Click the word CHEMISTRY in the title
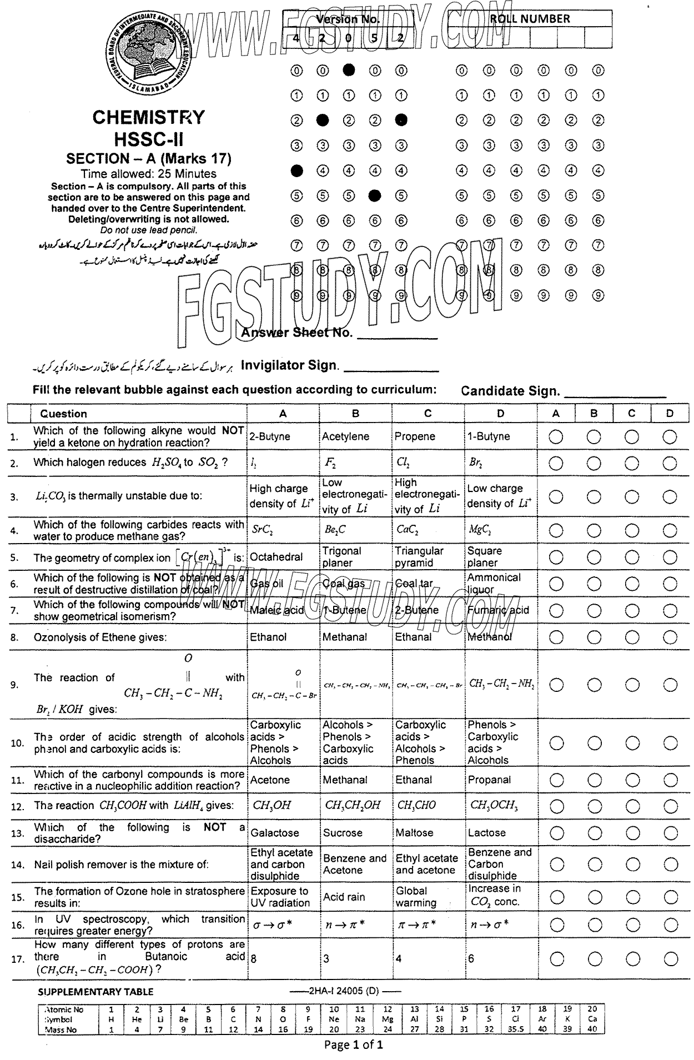[148, 117]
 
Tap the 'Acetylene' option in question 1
[345, 436]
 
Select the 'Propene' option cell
[415, 436]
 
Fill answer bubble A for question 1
[556, 437]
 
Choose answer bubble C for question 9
[632, 684]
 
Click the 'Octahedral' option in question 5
[276, 557]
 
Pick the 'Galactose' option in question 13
[275, 833]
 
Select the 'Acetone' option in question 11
[270, 780]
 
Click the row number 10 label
[16, 743]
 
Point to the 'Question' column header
[63, 414]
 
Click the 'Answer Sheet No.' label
[297, 333]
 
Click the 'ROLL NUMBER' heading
[530, 19]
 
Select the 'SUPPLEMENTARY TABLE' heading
[95, 992]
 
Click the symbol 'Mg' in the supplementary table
[388, 1019]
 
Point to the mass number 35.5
[516, 1029]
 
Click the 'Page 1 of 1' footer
[354, 1045]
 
